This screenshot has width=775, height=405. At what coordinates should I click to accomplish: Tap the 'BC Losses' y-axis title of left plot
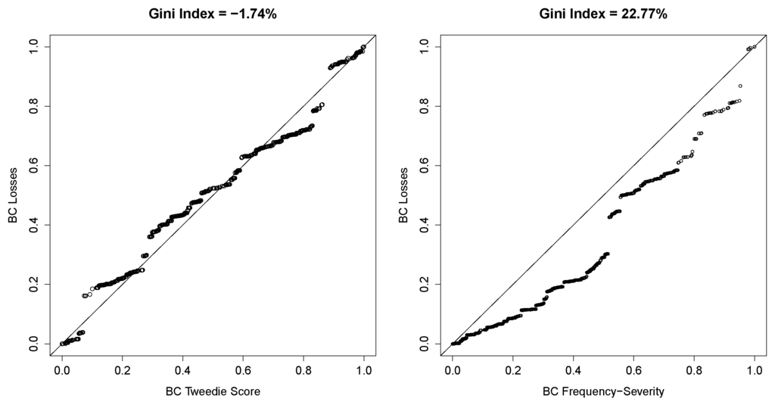[13, 195]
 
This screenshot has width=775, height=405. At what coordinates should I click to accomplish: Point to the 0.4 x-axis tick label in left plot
[182, 371]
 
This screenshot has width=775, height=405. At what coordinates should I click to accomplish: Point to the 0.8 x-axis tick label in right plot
[694, 371]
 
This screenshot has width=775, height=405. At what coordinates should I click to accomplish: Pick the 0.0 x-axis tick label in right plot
[452, 371]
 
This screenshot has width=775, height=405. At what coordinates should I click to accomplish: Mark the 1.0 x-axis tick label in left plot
[364, 371]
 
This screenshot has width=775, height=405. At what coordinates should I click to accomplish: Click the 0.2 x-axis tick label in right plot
[512, 371]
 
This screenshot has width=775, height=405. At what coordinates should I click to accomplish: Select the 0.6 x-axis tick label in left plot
[243, 371]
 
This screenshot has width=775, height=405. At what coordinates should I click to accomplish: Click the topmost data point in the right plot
[755, 47]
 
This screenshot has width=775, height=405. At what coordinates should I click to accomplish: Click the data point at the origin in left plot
[62, 344]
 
